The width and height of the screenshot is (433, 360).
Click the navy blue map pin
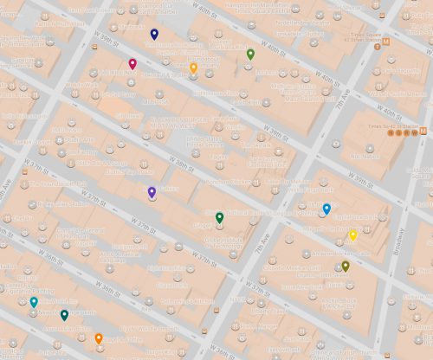[154, 34]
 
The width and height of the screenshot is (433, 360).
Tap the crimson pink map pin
[132, 63]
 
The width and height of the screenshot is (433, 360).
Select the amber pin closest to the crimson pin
[193, 67]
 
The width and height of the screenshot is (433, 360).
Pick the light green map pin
[250, 54]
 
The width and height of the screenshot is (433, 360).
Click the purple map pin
[152, 191]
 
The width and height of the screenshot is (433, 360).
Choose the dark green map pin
[219, 217]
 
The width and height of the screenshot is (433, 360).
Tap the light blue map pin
[326, 209]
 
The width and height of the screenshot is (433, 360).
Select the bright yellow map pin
[352, 235]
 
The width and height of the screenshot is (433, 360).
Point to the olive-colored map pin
[346, 266]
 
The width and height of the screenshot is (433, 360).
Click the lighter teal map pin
[34, 302]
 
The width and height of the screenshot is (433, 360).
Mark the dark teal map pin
[64, 315]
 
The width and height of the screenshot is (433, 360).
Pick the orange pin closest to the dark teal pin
[99, 338]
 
